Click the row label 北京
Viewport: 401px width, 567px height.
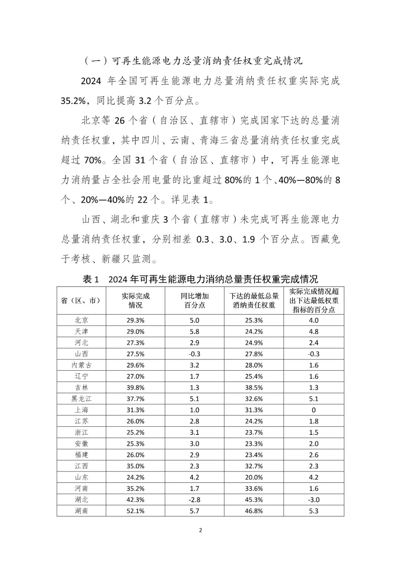(81, 320)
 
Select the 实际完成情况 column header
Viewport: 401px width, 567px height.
(136, 300)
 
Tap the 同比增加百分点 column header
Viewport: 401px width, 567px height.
(195, 300)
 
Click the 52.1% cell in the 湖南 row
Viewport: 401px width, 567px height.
(136, 511)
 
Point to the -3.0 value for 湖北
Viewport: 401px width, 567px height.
(314, 500)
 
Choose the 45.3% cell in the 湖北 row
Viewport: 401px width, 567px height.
(254, 500)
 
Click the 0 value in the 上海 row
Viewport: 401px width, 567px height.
(314, 410)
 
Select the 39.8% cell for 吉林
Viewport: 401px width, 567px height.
(136, 388)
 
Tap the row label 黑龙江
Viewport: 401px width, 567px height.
(81, 399)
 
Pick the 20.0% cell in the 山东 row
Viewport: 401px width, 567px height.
(254, 477)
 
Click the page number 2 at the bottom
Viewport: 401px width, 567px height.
(200, 530)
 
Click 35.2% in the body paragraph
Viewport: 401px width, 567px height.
(74, 101)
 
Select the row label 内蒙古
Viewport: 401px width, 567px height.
(81, 365)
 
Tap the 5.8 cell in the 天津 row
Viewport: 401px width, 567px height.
(195, 332)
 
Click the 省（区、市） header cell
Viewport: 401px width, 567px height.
(81, 300)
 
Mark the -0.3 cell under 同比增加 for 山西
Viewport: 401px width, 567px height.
(195, 354)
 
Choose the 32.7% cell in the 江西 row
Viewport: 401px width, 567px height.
(254, 466)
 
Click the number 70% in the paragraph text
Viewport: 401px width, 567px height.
(92, 160)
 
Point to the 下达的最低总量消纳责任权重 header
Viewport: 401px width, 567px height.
(254, 300)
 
